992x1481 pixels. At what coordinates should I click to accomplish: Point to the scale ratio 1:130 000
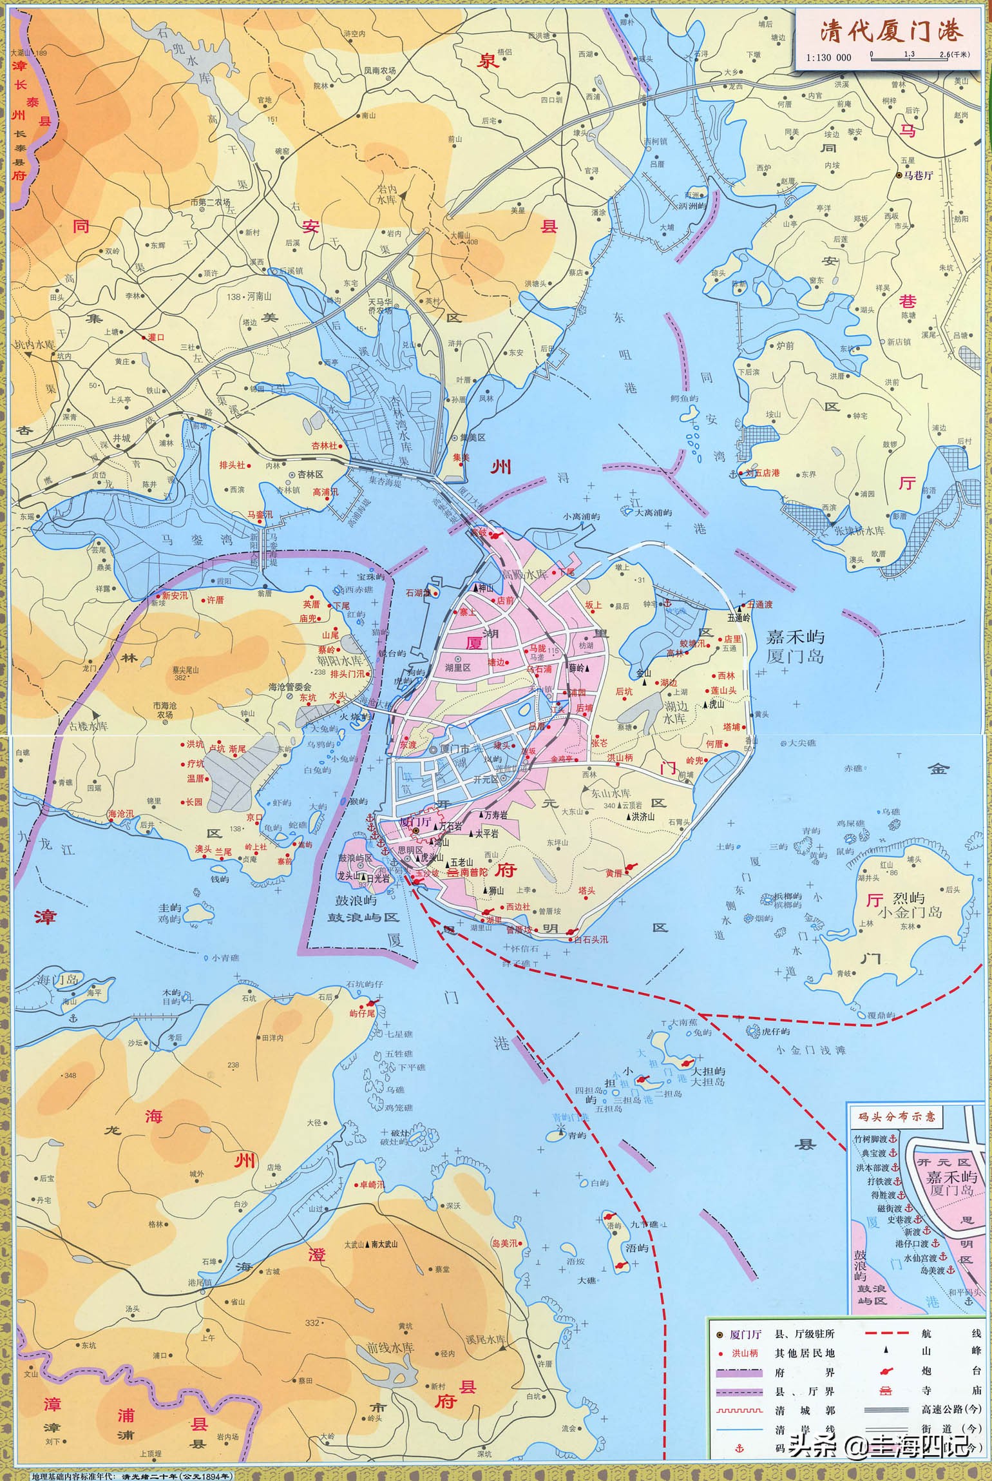pos(828,57)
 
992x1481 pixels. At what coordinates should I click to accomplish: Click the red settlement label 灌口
pos(156,336)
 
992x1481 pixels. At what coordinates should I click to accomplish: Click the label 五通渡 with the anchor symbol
pos(758,605)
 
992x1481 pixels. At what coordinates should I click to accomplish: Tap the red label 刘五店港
pos(761,473)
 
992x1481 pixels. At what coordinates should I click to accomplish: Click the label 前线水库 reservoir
pos(390,1348)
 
